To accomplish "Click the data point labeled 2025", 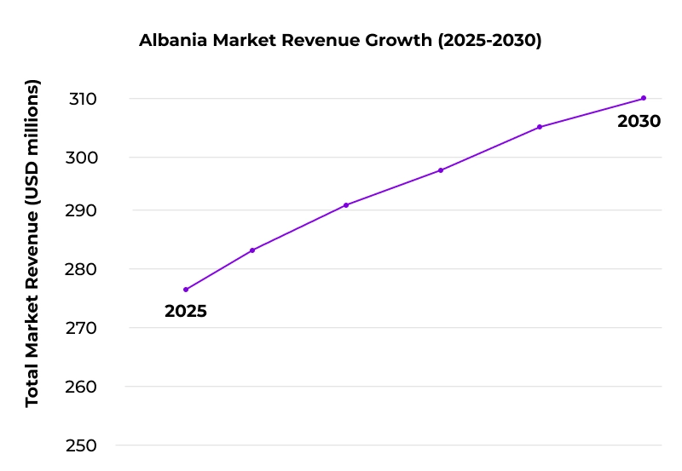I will point(186,290).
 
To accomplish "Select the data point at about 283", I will point(252,250).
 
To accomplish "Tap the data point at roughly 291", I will point(345,205).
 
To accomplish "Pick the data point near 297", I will point(441,170).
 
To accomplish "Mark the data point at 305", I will point(540,127).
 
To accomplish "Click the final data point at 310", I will point(644,98).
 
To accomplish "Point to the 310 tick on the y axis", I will point(83,99).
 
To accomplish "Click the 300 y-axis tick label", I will point(83,158).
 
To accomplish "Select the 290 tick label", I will point(83,210).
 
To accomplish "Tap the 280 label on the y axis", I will point(83,269).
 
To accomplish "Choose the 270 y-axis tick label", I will point(83,328).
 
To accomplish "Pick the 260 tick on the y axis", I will point(83,387).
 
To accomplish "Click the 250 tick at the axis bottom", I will point(83,445).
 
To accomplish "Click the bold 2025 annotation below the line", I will point(186,312).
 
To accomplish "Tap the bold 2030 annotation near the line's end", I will point(639,122).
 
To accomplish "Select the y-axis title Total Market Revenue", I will point(32,243).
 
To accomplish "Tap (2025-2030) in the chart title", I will point(489,41).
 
